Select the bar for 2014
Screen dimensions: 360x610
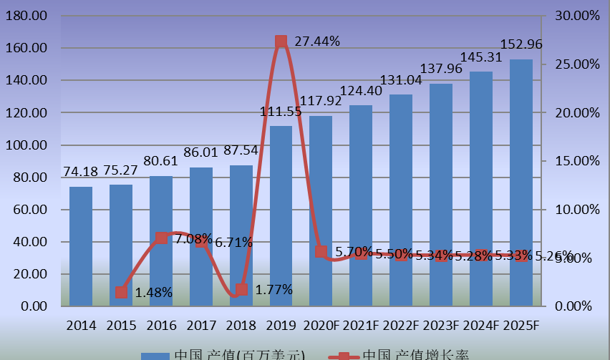click(x=81, y=246)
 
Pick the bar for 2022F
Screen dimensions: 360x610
click(x=401, y=200)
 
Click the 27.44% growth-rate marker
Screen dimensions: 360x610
click(x=281, y=42)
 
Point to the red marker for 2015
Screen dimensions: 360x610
click(x=121, y=292)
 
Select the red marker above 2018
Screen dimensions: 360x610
click(x=241, y=289)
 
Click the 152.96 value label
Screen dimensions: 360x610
click(x=521, y=44)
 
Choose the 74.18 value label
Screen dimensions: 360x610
click(x=81, y=172)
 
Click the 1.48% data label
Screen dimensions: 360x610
click(x=153, y=292)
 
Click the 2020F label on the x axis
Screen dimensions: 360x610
click(x=321, y=326)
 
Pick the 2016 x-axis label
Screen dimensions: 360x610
click(x=161, y=326)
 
